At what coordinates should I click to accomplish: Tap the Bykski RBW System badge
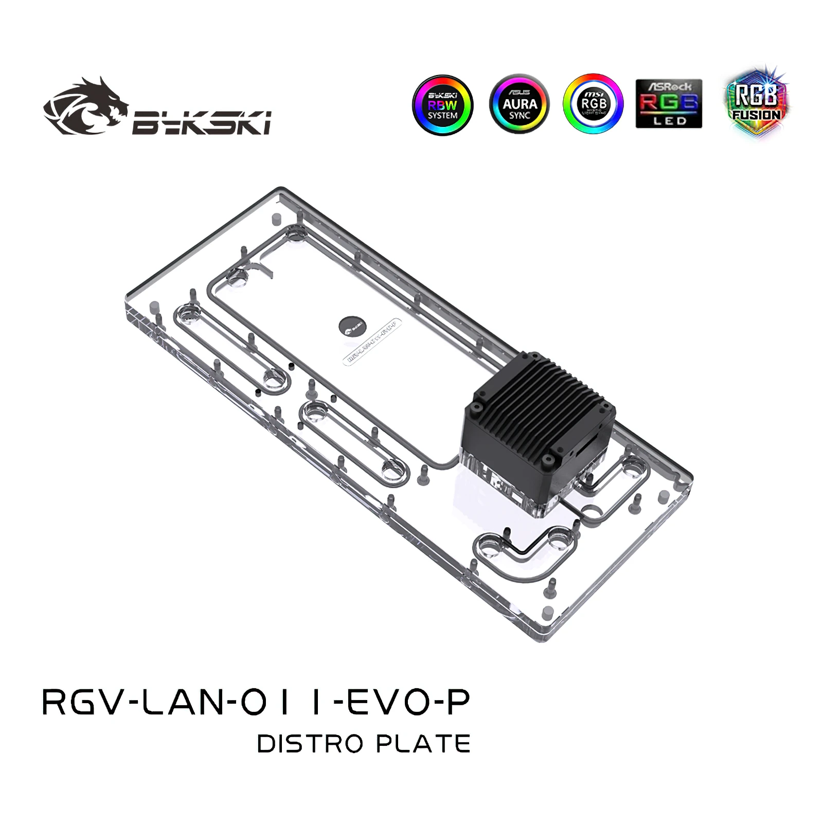[442, 104]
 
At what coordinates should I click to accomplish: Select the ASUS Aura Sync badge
[519, 104]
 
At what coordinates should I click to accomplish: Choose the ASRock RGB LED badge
[669, 103]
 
